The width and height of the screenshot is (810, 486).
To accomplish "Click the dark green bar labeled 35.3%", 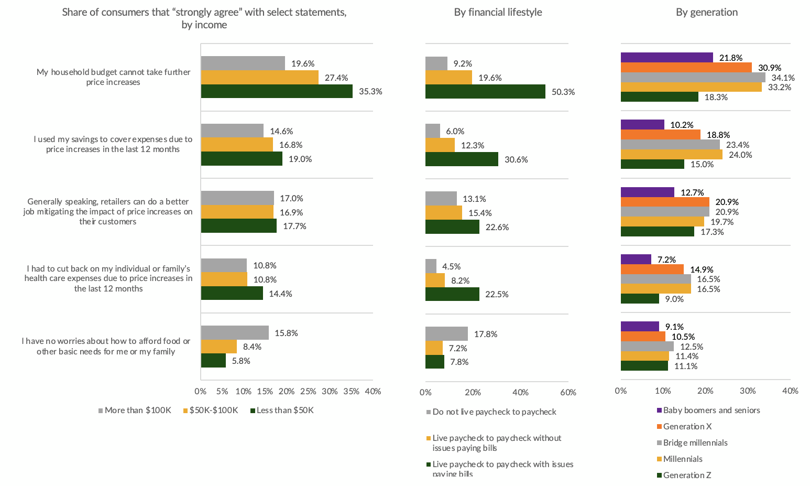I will tap(277, 91).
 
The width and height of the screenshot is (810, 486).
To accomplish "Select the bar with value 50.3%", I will tap(485, 92).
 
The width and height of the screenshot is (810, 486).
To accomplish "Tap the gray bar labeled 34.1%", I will tap(693, 78).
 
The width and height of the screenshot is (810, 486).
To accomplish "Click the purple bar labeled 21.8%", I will tap(666, 58).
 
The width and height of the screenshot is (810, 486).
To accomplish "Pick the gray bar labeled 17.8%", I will tap(446, 334).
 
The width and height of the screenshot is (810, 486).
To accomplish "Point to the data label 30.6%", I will tap(516, 159).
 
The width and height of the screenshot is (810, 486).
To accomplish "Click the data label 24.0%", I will tap(740, 155).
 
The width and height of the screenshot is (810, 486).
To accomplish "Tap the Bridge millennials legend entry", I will tap(695, 442).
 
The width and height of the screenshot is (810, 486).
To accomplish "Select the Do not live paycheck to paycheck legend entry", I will tap(494, 412).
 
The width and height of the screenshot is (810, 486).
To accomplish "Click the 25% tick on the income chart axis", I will tap(308, 391).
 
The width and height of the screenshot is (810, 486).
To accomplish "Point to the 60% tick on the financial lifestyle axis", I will tap(568, 392).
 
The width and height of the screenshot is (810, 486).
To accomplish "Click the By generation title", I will tap(706, 12).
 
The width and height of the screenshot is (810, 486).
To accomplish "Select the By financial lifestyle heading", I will tap(498, 12).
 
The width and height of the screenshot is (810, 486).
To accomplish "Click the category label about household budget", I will tap(113, 77).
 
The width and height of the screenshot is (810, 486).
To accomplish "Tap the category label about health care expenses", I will tap(108, 278).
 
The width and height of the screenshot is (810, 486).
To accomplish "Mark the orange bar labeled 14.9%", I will tap(652, 269).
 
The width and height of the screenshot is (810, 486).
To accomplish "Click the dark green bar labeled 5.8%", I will tap(213, 361).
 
